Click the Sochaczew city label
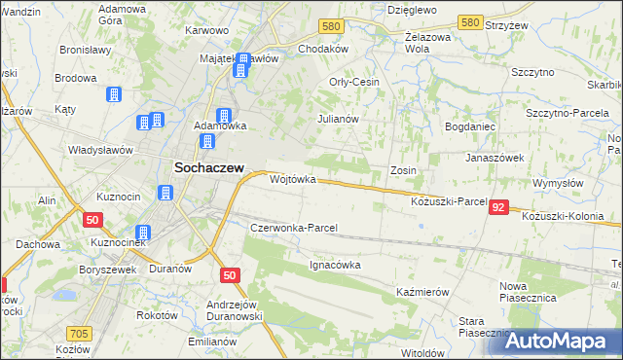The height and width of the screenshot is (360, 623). coord(208,166)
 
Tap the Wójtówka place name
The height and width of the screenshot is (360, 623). coord(293,180)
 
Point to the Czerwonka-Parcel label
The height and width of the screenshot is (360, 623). coord(293,228)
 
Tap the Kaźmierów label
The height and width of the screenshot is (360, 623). coord(422,292)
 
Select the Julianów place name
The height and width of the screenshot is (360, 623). coord(339,119)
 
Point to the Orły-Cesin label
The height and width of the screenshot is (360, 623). coord(354,82)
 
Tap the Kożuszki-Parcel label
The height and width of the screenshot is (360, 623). coord(449,201)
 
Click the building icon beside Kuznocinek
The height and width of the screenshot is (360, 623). coord(143,234)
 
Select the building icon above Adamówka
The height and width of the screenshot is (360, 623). coord(225,115)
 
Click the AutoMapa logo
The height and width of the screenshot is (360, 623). coord(558,341)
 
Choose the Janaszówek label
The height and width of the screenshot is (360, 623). coord(495,158)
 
